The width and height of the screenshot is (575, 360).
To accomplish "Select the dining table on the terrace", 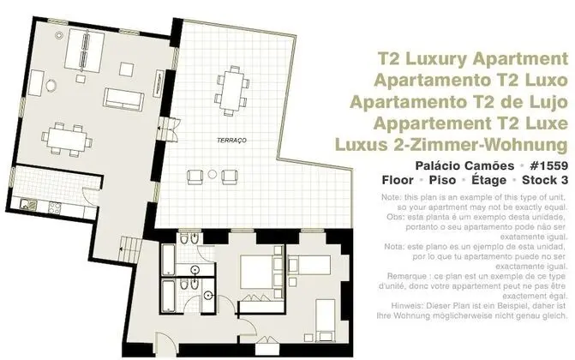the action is click(x=232, y=90).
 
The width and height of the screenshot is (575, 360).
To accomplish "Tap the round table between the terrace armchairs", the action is click(x=213, y=174).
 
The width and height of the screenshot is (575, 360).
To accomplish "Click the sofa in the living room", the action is click(x=123, y=99).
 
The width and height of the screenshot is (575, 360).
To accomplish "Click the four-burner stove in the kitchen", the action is click(x=55, y=207).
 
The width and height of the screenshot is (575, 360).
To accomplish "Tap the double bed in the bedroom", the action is click(x=261, y=272).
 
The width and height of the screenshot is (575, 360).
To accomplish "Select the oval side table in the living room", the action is click(x=51, y=86).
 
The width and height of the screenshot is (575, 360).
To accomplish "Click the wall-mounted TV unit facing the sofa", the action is click(x=159, y=83).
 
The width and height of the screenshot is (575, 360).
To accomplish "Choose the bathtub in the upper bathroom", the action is click(x=168, y=260).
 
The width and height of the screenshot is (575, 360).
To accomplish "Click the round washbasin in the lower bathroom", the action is click(x=208, y=294).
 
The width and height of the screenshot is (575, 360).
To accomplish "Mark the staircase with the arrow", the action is click(x=130, y=249).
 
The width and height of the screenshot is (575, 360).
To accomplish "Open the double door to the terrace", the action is click(x=168, y=129).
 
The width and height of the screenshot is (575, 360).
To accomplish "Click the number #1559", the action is click(x=548, y=165).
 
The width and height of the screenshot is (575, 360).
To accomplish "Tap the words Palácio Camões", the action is click(x=464, y=166).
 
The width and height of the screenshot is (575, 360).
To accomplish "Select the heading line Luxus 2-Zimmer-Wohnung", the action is click(x=452, y=145).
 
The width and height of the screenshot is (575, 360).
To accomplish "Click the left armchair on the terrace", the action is click(x=195, y=177).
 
